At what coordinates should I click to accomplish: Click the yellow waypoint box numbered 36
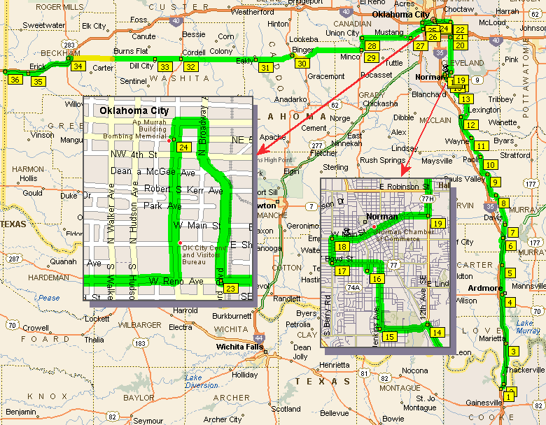coord(15,80)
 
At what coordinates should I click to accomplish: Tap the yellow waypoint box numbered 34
coord(78,66)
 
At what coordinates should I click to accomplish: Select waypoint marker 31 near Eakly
coord(265,68)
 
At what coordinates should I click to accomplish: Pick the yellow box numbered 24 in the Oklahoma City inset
coord(184,147)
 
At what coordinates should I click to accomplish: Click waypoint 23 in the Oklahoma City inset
coord(232,288)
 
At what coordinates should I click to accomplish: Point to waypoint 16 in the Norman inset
coord(377,279)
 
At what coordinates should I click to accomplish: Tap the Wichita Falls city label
coord(240,347)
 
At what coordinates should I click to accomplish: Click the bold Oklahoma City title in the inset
coord(134,110)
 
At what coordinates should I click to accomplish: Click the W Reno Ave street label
coord(175,281)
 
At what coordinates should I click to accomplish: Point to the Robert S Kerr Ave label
coord(183,190)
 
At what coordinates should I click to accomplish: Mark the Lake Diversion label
coord(202,381)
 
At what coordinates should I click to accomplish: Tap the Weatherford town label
coord(252,12)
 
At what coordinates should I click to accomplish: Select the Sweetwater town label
coord(43,24)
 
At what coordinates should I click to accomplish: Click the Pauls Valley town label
coord(465,179)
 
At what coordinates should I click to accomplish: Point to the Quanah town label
coord(63,262)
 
